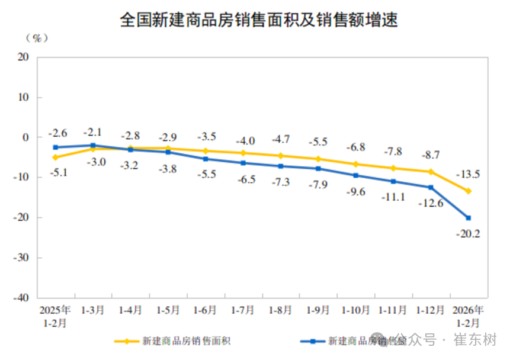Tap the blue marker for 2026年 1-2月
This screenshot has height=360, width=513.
[x=468, y=218]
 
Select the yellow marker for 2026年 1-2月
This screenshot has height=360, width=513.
[x=468, y=191]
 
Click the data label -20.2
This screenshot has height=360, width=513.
[x=468, y=233]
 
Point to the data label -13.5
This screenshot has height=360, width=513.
[x=468, y=175]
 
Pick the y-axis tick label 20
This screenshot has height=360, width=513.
[x=24, y=57]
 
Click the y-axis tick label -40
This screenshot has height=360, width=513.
[x=21, y=298]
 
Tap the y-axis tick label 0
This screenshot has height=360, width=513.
[x=26, y=137]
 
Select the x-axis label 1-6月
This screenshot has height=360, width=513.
[x=205, y=310]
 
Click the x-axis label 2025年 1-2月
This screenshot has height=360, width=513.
[x=55, y=316]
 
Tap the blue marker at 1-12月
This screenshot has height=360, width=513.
[x=431, y=187]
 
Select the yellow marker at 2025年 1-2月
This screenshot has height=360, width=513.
[x=55, y=157]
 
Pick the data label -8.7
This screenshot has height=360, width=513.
[x=430, y=155]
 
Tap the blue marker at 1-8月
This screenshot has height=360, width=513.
[x=280, y=166]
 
